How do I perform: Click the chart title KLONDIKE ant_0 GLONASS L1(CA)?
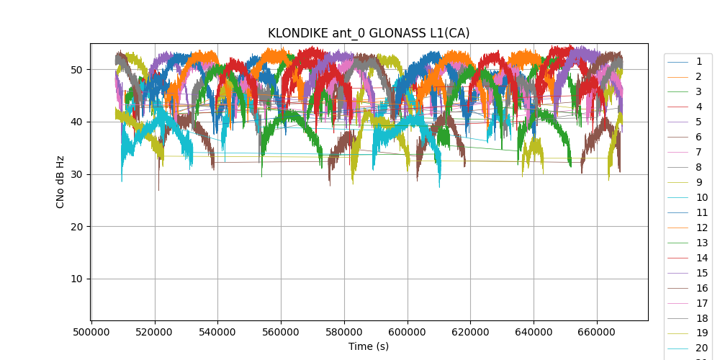[x=369, y=33]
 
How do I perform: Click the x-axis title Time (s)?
[x=369, y=346]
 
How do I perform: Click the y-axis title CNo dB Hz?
[x=60, y=182]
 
